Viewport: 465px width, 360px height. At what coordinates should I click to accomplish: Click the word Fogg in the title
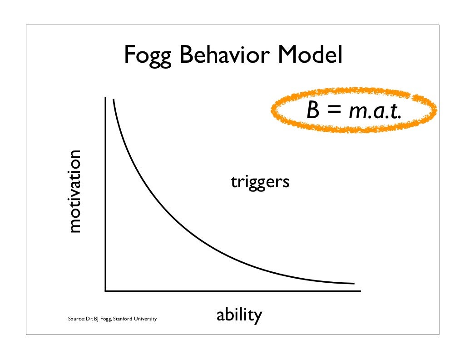tap(148, 56)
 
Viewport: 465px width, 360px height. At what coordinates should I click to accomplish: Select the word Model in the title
tap(310, 55)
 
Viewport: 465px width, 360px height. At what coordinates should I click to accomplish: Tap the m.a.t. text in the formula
tap(375, 110)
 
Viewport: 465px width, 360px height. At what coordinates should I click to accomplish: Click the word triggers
tap(260, 182)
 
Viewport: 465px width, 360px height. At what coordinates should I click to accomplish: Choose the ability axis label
tap(239, 315)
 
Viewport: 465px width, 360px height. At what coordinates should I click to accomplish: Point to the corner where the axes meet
tap(105, 290)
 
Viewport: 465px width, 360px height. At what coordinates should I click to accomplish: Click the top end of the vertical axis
tap(105, 98)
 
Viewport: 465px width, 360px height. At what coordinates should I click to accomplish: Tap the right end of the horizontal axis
tap(360, 290)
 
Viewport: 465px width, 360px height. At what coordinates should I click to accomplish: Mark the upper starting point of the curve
tap(113, 99)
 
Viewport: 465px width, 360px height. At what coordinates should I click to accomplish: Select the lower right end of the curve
tap(353, 283)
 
